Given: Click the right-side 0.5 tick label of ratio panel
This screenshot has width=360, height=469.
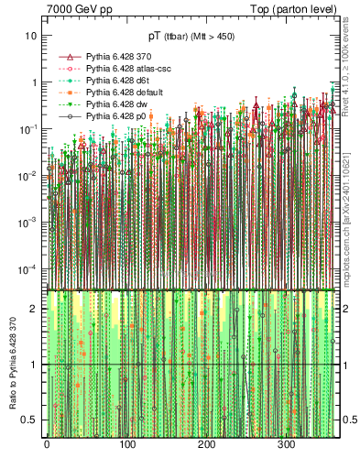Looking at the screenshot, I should pos(349,420).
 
